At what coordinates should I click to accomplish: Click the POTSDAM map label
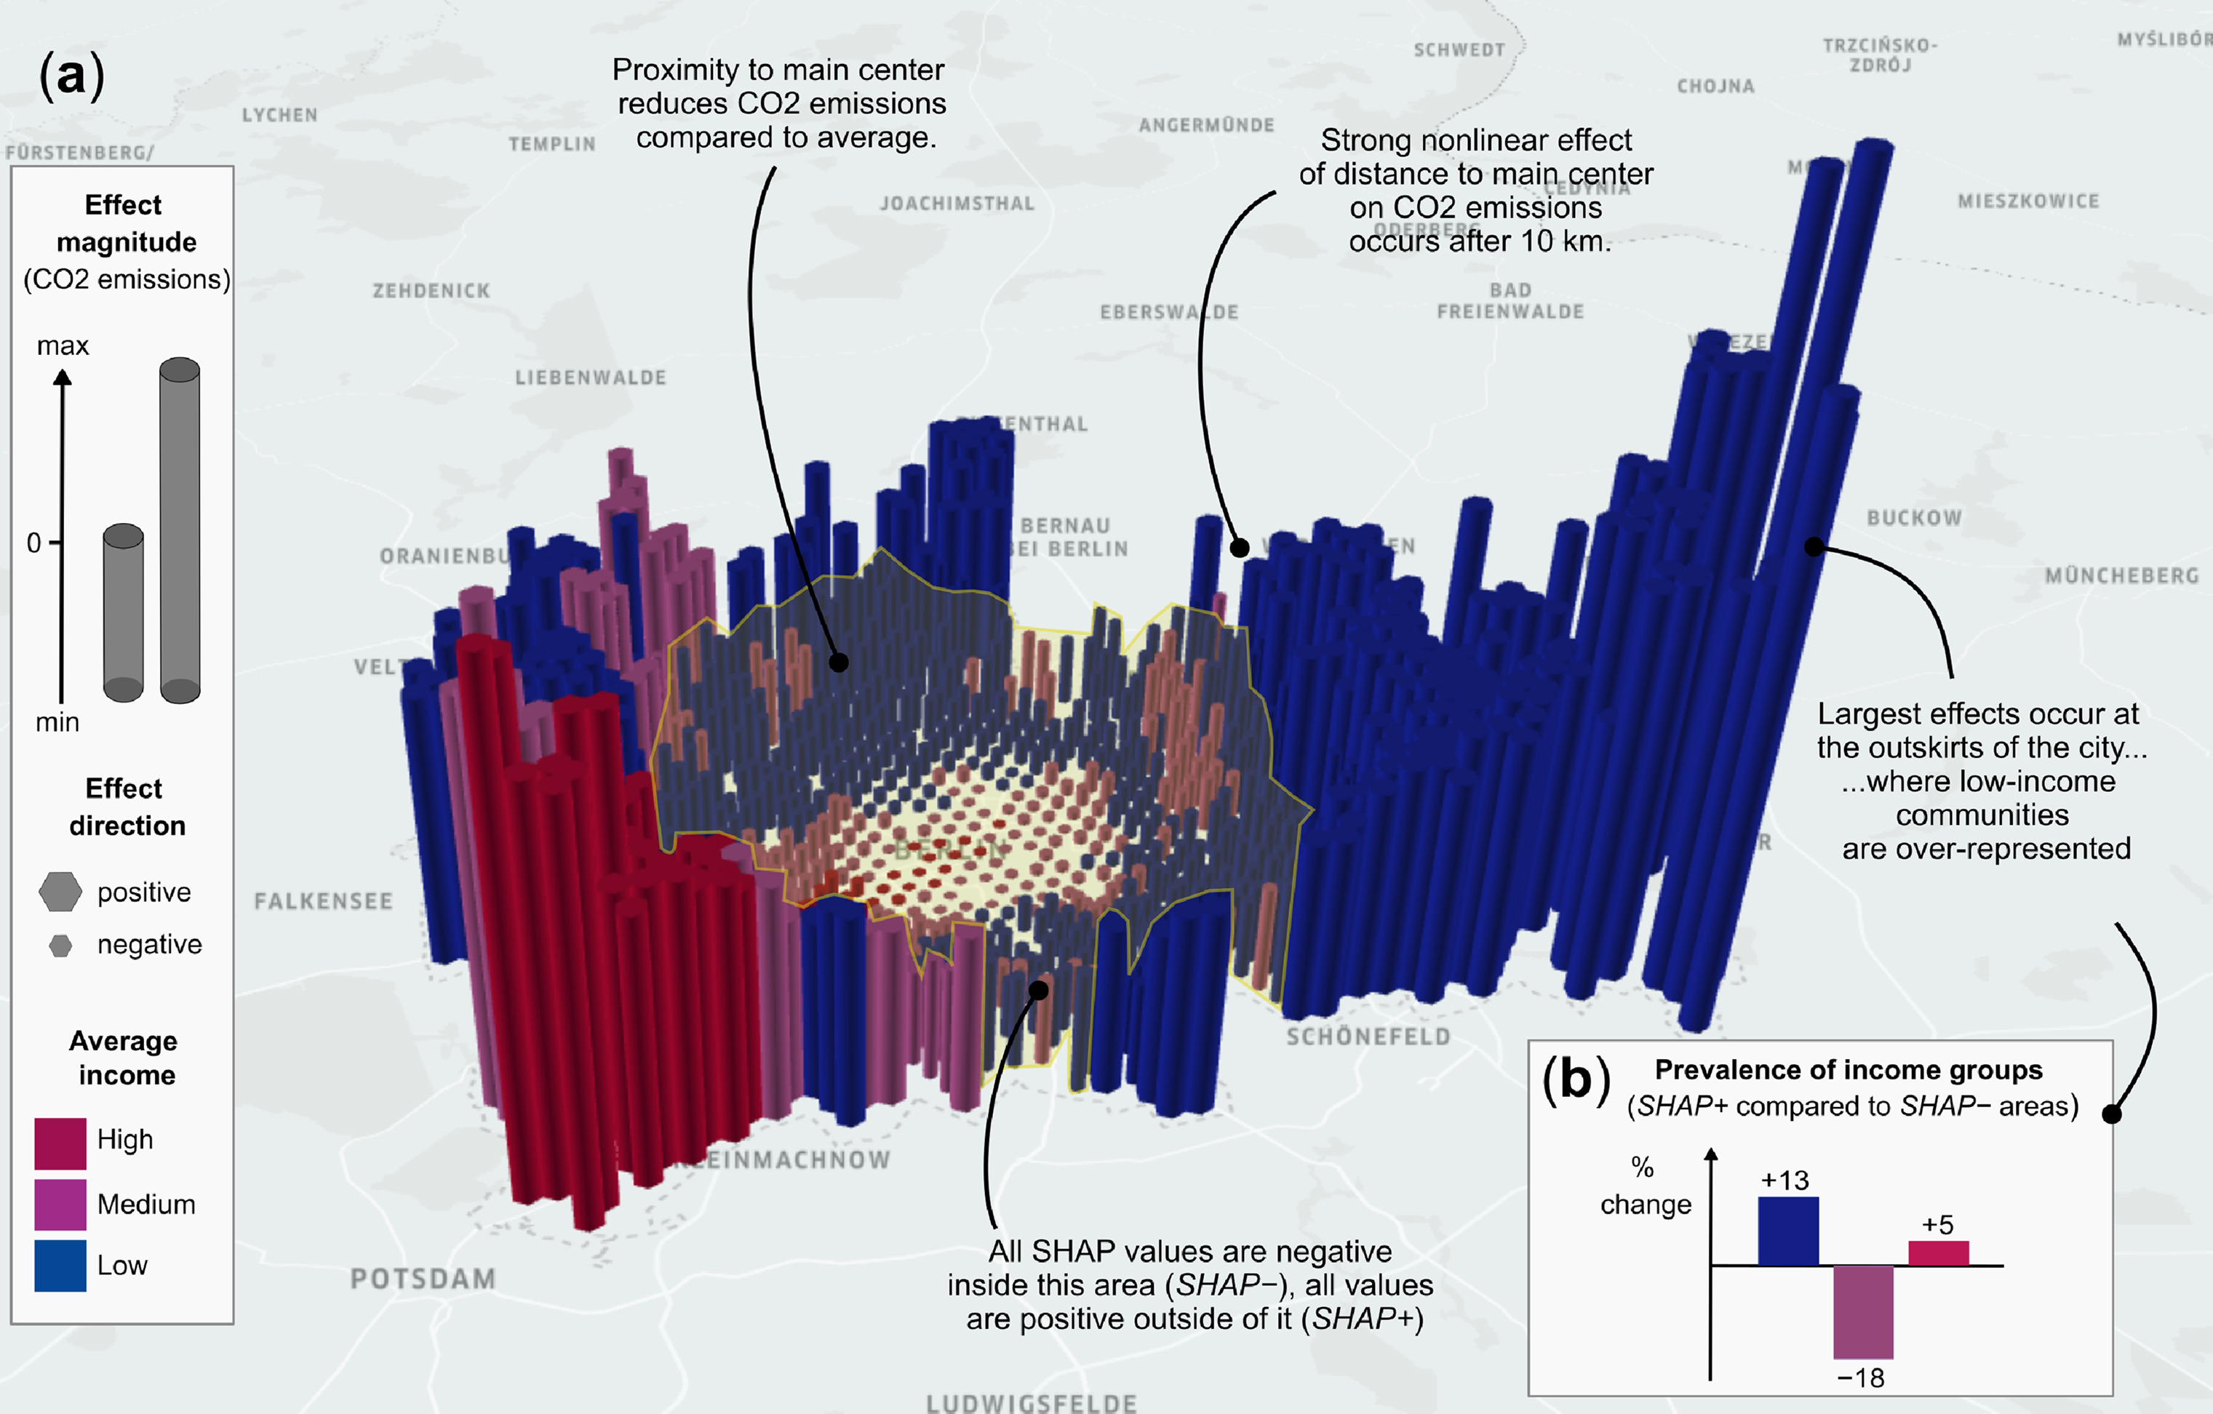click(423, 1278)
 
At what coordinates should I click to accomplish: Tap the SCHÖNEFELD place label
click(1368, 1036)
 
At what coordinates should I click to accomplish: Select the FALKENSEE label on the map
click(324, 900)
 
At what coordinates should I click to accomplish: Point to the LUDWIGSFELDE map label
click(1031, 1402)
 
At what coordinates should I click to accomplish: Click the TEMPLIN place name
click(552, 143)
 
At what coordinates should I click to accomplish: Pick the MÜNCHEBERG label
click(2121, 575)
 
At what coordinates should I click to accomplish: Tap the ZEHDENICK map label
click(431, 290)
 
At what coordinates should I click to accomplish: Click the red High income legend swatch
click(60, 1143)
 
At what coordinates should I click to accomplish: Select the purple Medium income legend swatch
click(60, 1205)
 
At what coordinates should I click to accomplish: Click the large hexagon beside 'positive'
click(60, 891)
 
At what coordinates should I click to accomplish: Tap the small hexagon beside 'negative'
click(60, 945)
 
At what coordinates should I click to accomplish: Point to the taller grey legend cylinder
click(180, 530)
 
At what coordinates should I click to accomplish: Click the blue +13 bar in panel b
click(1787, 1231)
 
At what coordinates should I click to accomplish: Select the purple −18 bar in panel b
click(1863, 1312)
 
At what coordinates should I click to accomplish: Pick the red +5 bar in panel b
click(1938, 1253)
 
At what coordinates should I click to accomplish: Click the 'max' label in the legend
click(63, 345)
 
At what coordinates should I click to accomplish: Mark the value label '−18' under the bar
click(1860, 1377)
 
